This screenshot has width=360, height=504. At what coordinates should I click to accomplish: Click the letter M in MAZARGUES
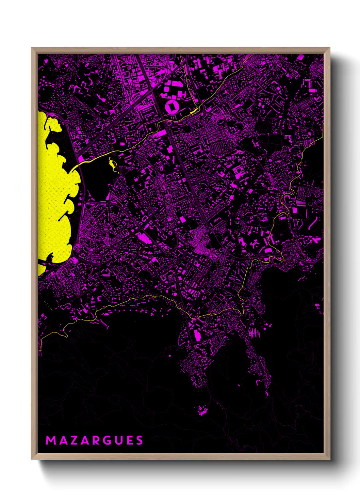(x=50, y=440)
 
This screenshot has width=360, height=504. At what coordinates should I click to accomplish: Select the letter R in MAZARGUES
(x=96, y=440)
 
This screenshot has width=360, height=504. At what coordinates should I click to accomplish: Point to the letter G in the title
(x=107, y=440)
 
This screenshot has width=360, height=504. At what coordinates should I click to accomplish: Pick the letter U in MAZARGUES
(x=118, y=440)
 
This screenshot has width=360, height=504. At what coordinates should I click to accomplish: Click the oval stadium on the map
(x=172, y=107)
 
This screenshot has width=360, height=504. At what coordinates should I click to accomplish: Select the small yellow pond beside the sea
(x=112, y=164)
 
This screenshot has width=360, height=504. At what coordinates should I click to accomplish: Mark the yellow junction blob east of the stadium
(x=195, y=111)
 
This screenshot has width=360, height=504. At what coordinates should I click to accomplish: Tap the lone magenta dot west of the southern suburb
(x=170, y=356)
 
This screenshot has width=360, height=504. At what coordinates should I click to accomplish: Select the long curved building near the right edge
(x=312, y=223)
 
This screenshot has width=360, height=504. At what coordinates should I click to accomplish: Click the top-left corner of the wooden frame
(x=32, y=48)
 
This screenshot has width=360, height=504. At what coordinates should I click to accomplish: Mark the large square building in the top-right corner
(x=300, y=58)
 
